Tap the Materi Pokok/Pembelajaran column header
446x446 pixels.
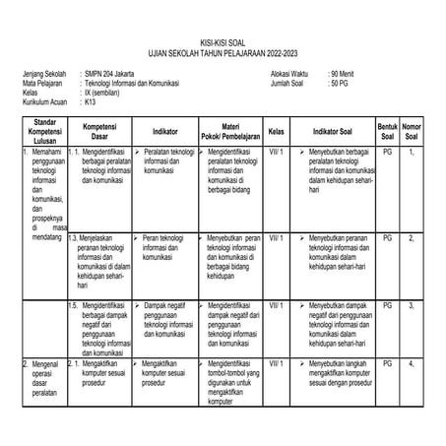pyautogui.click(x=231, y=131)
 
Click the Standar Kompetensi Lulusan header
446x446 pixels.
pyautogui.click(x=41, y=131)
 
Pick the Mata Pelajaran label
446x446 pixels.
pyautogui.click(x=42, y=83)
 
